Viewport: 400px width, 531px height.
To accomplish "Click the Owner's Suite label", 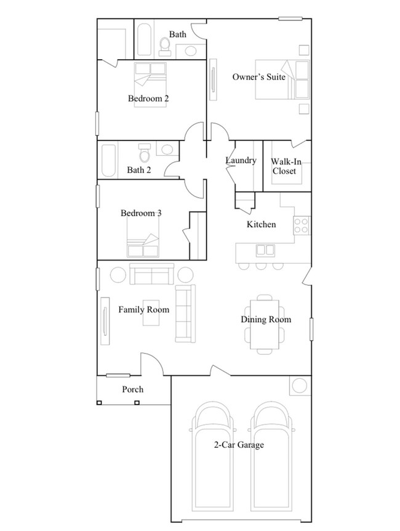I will coord(258,77).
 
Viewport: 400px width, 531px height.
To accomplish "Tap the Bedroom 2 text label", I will coord(148,99).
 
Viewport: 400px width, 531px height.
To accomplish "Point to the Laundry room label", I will coord(241,161).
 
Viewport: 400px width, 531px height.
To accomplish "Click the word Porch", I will coord(133,389).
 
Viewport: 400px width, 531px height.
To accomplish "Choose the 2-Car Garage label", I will coord(239,445).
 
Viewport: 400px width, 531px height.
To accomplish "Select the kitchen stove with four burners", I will coord(302,226).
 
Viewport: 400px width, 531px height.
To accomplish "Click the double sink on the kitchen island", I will coord(265,250).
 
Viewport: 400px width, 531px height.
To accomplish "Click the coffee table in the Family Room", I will coord(153,315).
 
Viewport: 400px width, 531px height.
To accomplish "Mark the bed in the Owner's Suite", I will coord(283,79).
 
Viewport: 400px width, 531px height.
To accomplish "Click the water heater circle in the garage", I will coord(300,386).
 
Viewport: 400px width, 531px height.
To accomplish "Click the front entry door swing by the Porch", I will coord(151,364).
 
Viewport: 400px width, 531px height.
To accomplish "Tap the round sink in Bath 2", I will coord(167,149).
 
